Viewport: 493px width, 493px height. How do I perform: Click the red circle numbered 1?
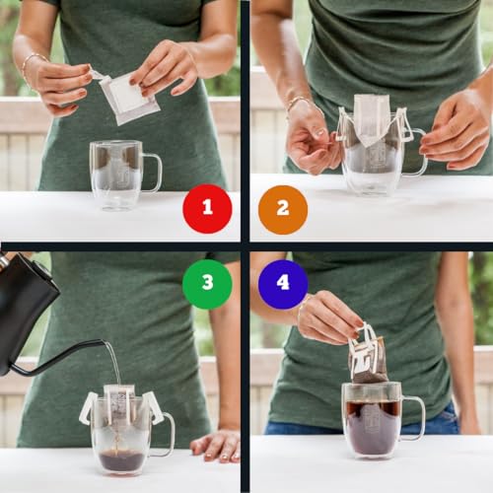207,208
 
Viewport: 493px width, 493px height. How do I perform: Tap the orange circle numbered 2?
283,209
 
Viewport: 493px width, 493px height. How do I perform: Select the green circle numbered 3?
207,283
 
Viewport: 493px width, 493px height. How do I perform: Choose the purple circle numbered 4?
283,283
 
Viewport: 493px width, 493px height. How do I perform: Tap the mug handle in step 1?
153,173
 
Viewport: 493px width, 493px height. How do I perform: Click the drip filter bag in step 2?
372,121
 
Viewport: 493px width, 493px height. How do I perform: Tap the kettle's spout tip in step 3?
103,343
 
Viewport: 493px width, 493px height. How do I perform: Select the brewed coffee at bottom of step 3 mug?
121,459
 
